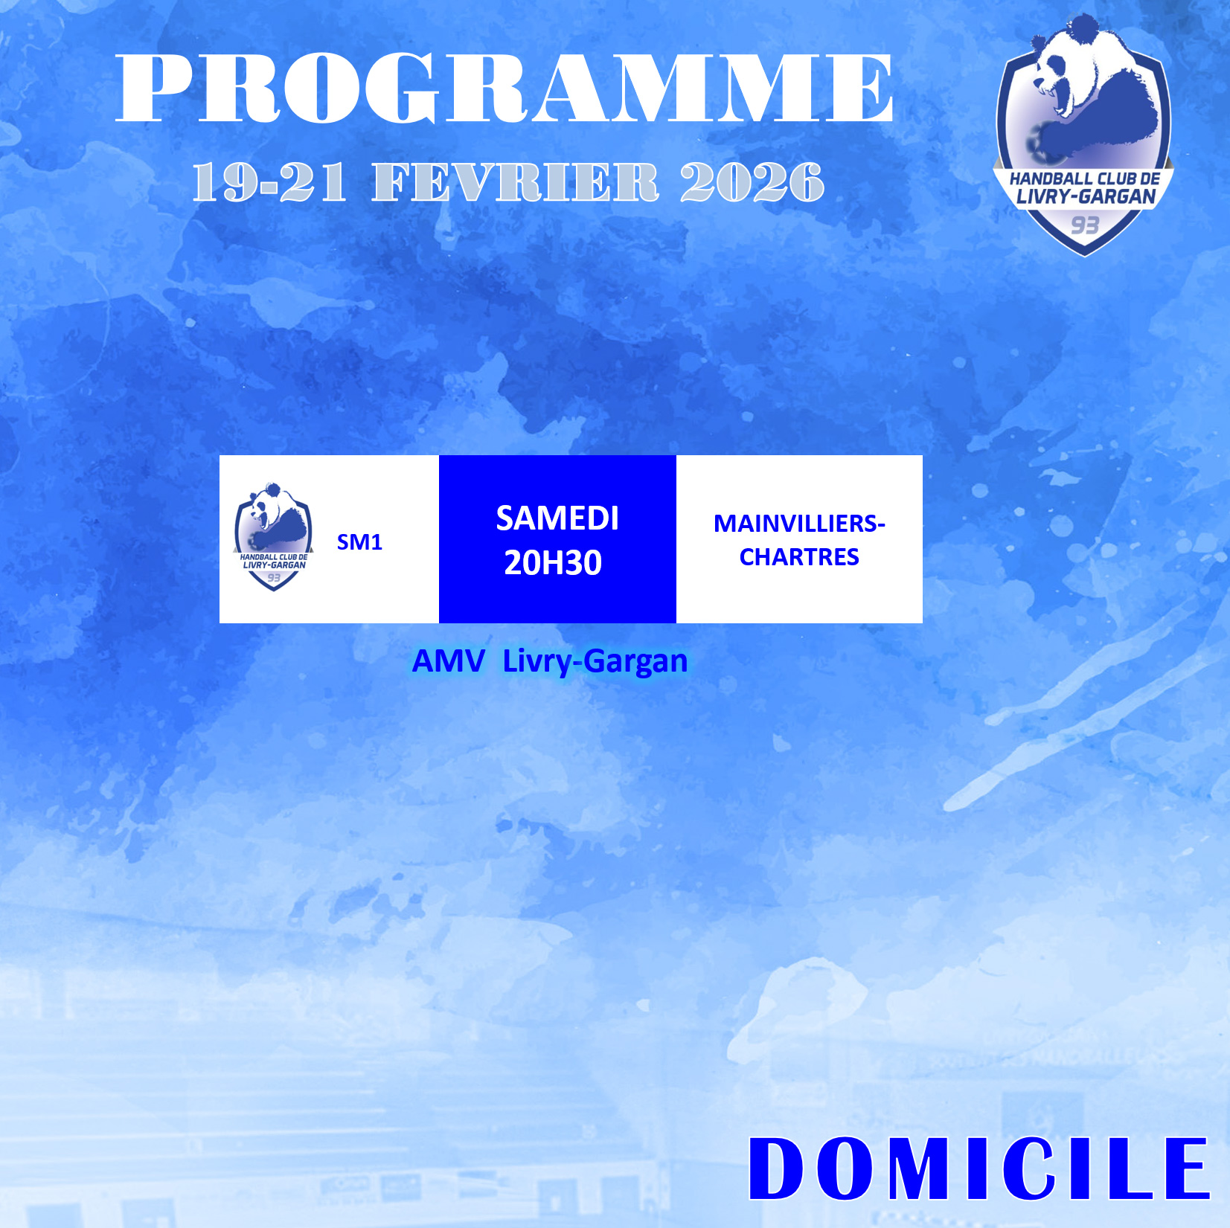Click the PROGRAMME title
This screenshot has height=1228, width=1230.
point(505,88)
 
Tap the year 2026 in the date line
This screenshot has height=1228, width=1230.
point(752,182)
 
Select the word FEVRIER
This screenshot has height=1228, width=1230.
point(516,182)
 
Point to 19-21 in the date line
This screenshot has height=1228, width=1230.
point(269,182)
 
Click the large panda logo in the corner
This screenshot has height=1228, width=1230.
point(1083,134)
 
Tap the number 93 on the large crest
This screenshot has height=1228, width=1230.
point(1085,225)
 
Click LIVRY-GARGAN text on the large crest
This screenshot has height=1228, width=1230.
point(1086,196)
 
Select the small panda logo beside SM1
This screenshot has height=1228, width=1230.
point(273,536)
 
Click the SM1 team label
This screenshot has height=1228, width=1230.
point(359,542)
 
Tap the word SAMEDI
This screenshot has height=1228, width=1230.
point(557,518)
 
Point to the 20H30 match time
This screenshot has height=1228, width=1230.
point(553,563)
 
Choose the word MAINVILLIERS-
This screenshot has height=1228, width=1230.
point(799,524)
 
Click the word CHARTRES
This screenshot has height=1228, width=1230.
point(799,557)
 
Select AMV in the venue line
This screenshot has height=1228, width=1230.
point(449,661)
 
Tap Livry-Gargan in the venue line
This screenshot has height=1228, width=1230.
point(595,662)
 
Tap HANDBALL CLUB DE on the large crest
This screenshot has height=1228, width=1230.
point(1085,179)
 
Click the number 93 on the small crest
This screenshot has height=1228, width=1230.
point(274,577)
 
